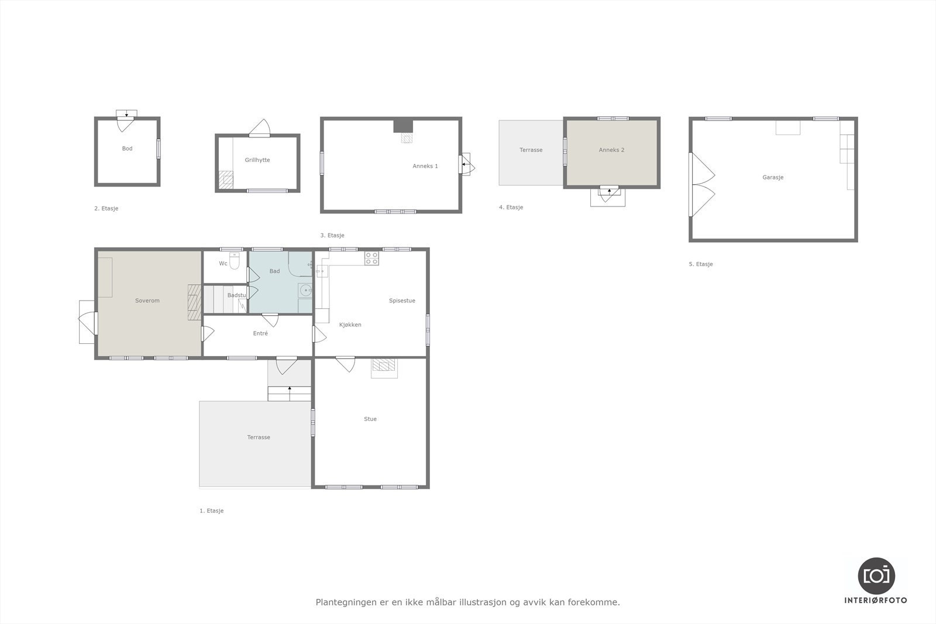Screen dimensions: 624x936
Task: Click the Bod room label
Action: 127,149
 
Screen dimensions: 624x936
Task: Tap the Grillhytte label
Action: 257,160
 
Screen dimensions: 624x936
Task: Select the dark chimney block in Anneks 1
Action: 402,126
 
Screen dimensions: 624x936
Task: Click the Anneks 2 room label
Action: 611,150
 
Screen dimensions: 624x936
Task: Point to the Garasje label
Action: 773,177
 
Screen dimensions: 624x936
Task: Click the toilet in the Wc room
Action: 235,261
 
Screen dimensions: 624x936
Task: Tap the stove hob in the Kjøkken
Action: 371,258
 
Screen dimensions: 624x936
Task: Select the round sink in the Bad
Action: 305,290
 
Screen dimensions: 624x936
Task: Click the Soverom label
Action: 147,301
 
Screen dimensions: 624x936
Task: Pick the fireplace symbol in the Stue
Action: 384,366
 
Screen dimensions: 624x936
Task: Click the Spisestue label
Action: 402,301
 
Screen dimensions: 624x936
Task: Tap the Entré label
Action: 260,333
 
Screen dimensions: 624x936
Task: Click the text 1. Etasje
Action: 211,511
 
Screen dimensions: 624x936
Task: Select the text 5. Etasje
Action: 700,264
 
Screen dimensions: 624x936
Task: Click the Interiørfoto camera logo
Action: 876,575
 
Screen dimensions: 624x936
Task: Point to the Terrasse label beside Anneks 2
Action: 531,150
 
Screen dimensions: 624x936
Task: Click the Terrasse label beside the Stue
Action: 258,437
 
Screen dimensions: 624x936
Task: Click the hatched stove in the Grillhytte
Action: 225,180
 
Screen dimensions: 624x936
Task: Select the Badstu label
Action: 237,295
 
